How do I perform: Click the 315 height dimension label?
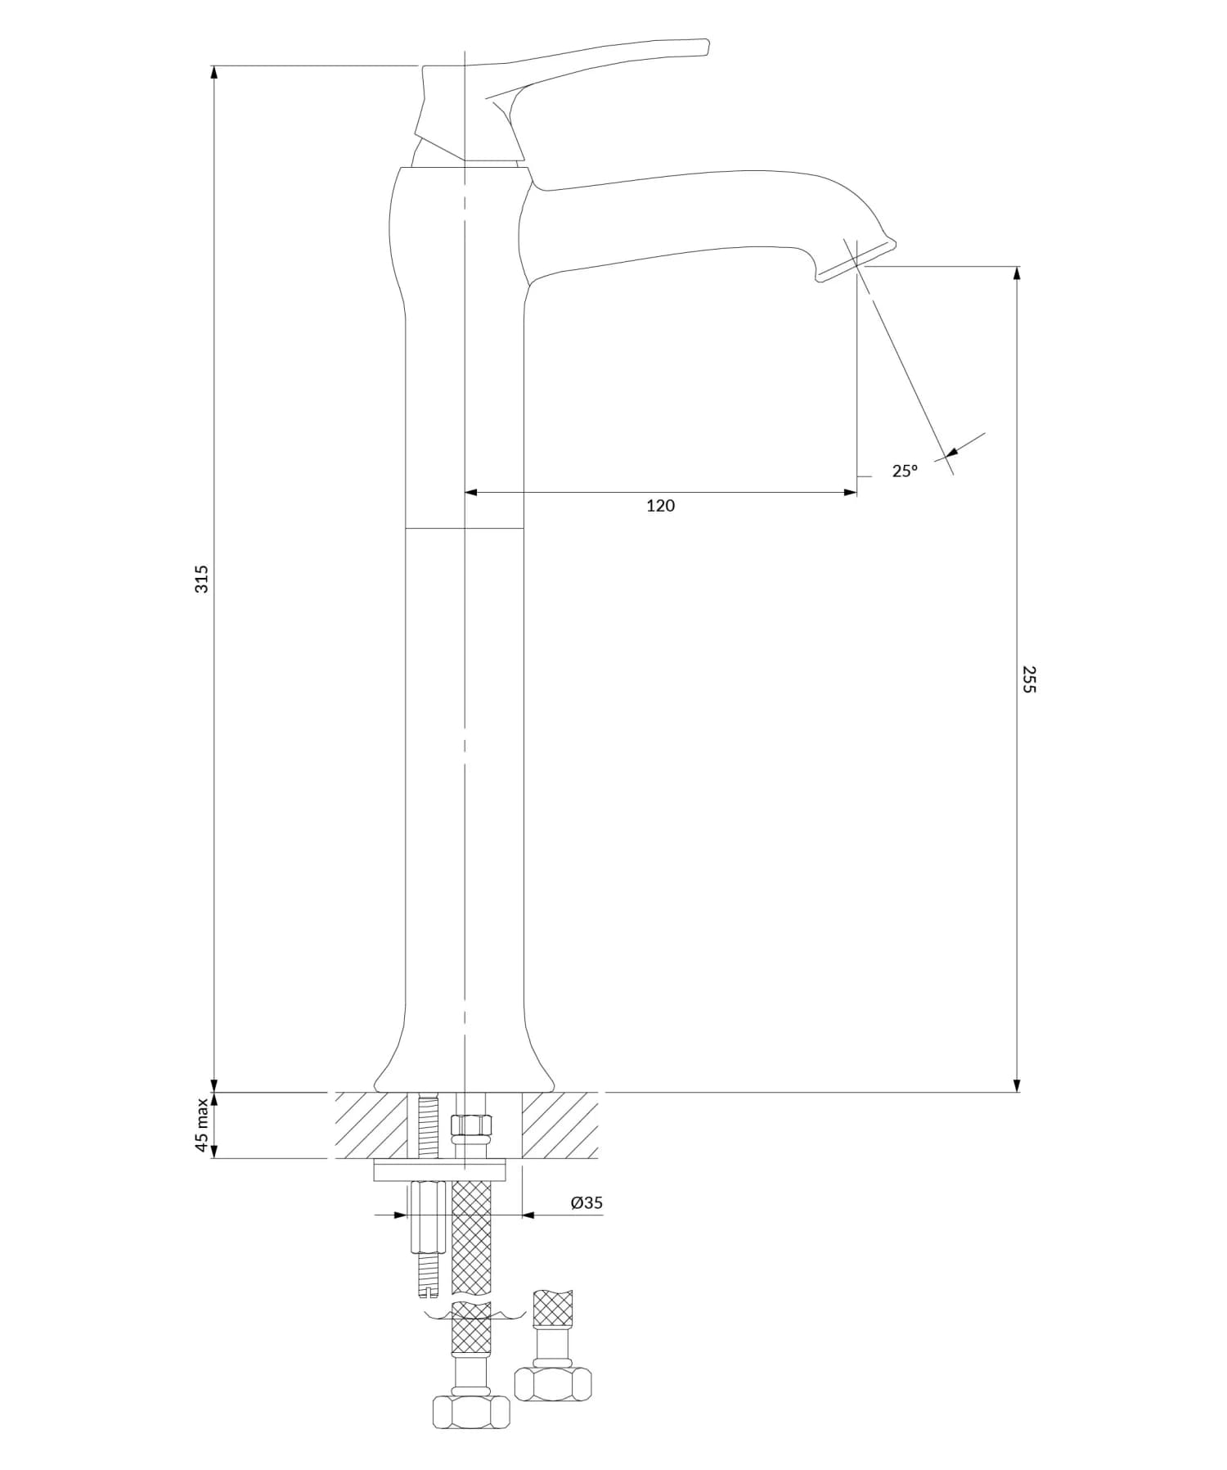[x=202, y=579]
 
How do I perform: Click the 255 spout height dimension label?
[x=1029, y=679]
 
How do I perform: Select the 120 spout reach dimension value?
[x=660, y=506]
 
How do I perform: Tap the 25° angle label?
[x=905, y=471]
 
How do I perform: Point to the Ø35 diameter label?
[x=587, y=1202]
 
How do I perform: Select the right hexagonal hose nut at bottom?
[x=553, y=1384]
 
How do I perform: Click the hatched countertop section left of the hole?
[x=370, y=1125]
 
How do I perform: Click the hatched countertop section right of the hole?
[x=560, y=1125]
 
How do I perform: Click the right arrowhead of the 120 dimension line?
[x=851, y=492]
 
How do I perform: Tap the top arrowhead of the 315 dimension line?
[x=214, y=72]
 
